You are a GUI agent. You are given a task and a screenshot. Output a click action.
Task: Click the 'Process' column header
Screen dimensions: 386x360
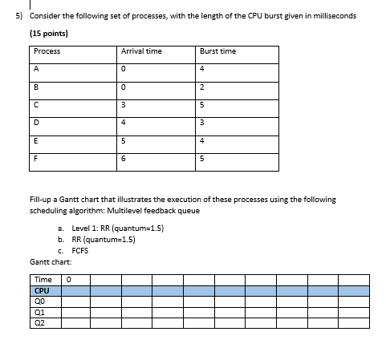[47, 51]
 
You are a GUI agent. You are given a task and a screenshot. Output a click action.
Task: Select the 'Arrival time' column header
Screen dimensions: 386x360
[141, 51]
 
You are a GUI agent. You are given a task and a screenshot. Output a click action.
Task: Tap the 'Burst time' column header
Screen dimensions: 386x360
[218, 51]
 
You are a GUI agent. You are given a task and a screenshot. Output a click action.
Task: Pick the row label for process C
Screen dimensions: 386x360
[37, 104]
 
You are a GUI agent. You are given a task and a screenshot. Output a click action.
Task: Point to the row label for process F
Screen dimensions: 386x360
[37, 159]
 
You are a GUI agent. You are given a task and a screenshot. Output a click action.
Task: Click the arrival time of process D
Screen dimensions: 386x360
[124, 123]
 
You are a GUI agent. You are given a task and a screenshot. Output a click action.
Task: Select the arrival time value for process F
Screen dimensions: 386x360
[124, 159]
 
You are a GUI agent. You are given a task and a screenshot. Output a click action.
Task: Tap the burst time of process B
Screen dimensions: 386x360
[202, 87]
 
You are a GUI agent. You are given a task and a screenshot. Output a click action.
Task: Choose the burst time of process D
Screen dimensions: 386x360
[202, 123]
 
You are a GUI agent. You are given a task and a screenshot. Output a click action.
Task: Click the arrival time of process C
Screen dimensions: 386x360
[124, 104]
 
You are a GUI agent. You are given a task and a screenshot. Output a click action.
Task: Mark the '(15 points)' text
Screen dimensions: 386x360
[49, 34]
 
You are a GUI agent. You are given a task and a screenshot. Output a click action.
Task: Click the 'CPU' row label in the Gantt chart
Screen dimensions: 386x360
[43, 291]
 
